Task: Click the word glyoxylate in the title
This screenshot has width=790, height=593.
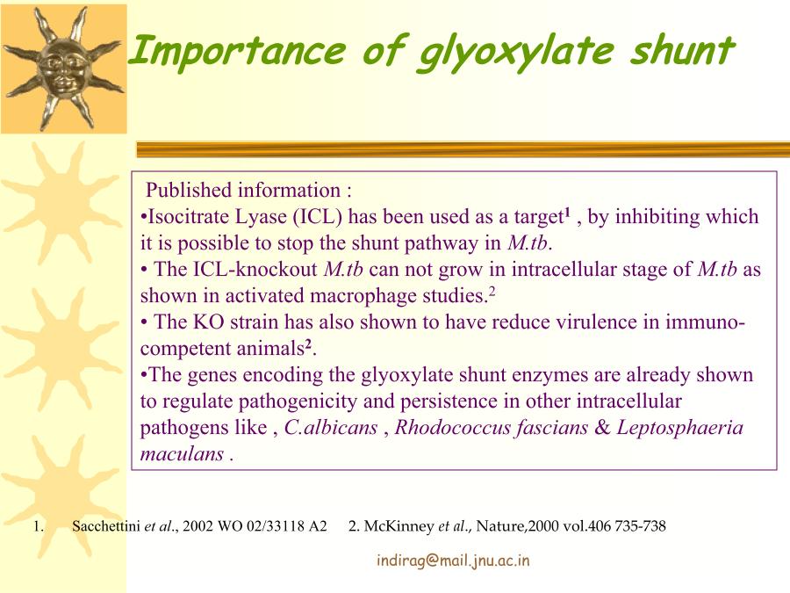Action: [515, 53]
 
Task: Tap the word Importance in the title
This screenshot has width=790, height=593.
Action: [238, 50]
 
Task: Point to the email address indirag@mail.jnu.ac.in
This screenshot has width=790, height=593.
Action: [453, 560]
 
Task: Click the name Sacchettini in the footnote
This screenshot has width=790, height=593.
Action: [106, 526]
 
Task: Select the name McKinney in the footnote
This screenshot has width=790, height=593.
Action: [399, 526]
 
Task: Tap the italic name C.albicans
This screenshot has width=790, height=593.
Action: [331, 428]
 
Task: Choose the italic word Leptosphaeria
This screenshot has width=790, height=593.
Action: [680, 428]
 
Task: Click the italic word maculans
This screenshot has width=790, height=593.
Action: [182, 454]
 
